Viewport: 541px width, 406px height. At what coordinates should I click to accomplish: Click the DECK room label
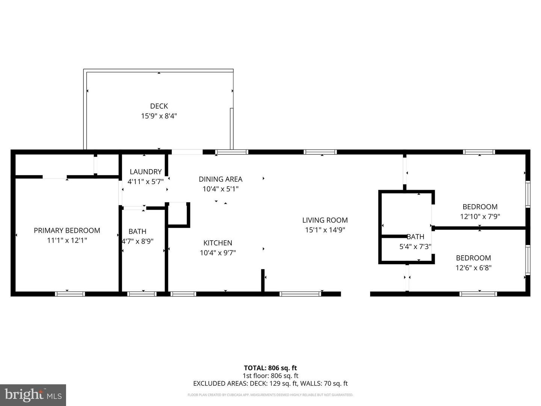click(x=159, y=106)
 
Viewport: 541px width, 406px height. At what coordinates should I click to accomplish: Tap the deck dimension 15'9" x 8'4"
click(x=159, y=116)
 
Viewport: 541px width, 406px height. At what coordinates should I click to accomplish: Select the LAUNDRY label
click(x=145, y=172)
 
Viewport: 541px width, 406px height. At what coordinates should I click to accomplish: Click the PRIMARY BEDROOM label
click(x=67, y=230)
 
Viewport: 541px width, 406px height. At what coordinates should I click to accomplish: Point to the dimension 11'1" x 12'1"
click(x=67, y=240)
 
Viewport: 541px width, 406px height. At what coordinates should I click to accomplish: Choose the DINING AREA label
click(x=221, y=179)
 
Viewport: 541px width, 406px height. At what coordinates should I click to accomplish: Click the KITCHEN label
click(x=218, y=243)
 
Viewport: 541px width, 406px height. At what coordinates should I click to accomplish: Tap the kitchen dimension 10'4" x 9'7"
click(x=218, y=253)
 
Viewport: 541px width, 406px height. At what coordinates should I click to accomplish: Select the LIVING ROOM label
click(x=325, y=220)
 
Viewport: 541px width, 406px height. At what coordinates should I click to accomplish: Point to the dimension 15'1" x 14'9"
click(x=325, y=230)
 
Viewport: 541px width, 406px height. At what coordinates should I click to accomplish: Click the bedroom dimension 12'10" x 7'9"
click(x=480, y=217)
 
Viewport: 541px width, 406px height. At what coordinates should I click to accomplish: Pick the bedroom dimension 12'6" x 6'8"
click(x=473, y=268)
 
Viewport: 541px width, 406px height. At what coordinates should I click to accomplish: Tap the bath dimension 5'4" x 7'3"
click(x=415, y=247)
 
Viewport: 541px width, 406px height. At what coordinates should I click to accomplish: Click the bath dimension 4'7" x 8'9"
click(x=138, y=241)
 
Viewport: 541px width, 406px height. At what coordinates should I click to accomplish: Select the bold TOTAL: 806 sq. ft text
click(x=270, y=368)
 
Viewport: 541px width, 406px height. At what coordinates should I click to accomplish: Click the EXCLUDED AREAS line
click(x=270, y=383)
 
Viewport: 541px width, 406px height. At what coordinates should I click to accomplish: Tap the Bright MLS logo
click(x=33, y=395)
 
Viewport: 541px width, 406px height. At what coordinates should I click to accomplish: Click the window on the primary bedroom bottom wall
click(x=70, y=294)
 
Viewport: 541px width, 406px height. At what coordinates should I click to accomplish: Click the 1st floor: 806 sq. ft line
click(x=270, y=376)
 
